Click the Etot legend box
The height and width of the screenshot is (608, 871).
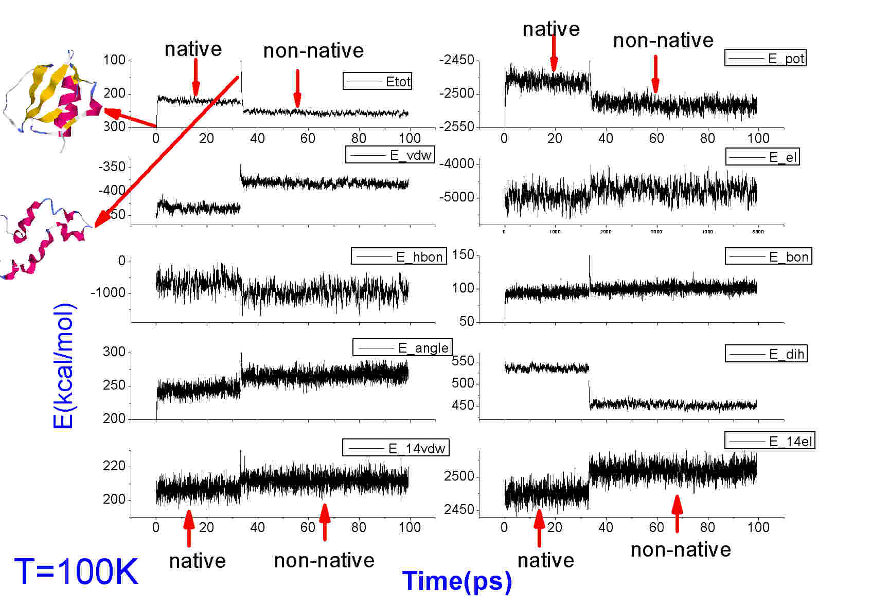[378, 81]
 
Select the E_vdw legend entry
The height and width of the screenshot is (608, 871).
[390, 155]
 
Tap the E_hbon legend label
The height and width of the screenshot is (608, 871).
[399, 256]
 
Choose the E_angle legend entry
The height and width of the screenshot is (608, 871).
[402, 348]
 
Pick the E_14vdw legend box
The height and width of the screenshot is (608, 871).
[396, 448]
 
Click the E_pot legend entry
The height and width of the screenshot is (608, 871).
[765, 58]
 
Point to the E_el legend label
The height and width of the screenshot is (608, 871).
[762, 157]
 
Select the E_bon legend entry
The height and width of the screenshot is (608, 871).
[768, 256]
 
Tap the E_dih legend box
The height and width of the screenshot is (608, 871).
[766, 354]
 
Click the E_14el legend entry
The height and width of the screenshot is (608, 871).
[770, 441]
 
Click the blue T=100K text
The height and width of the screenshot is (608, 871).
[76, 572]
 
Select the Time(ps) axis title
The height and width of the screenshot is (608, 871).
[457, 581]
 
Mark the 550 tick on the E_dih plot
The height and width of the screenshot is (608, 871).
[463, 361]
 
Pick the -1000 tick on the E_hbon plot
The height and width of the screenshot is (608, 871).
[108, 293]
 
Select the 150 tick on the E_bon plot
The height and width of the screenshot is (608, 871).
[463, 255]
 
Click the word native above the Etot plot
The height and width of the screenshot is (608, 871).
[193, 49]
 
